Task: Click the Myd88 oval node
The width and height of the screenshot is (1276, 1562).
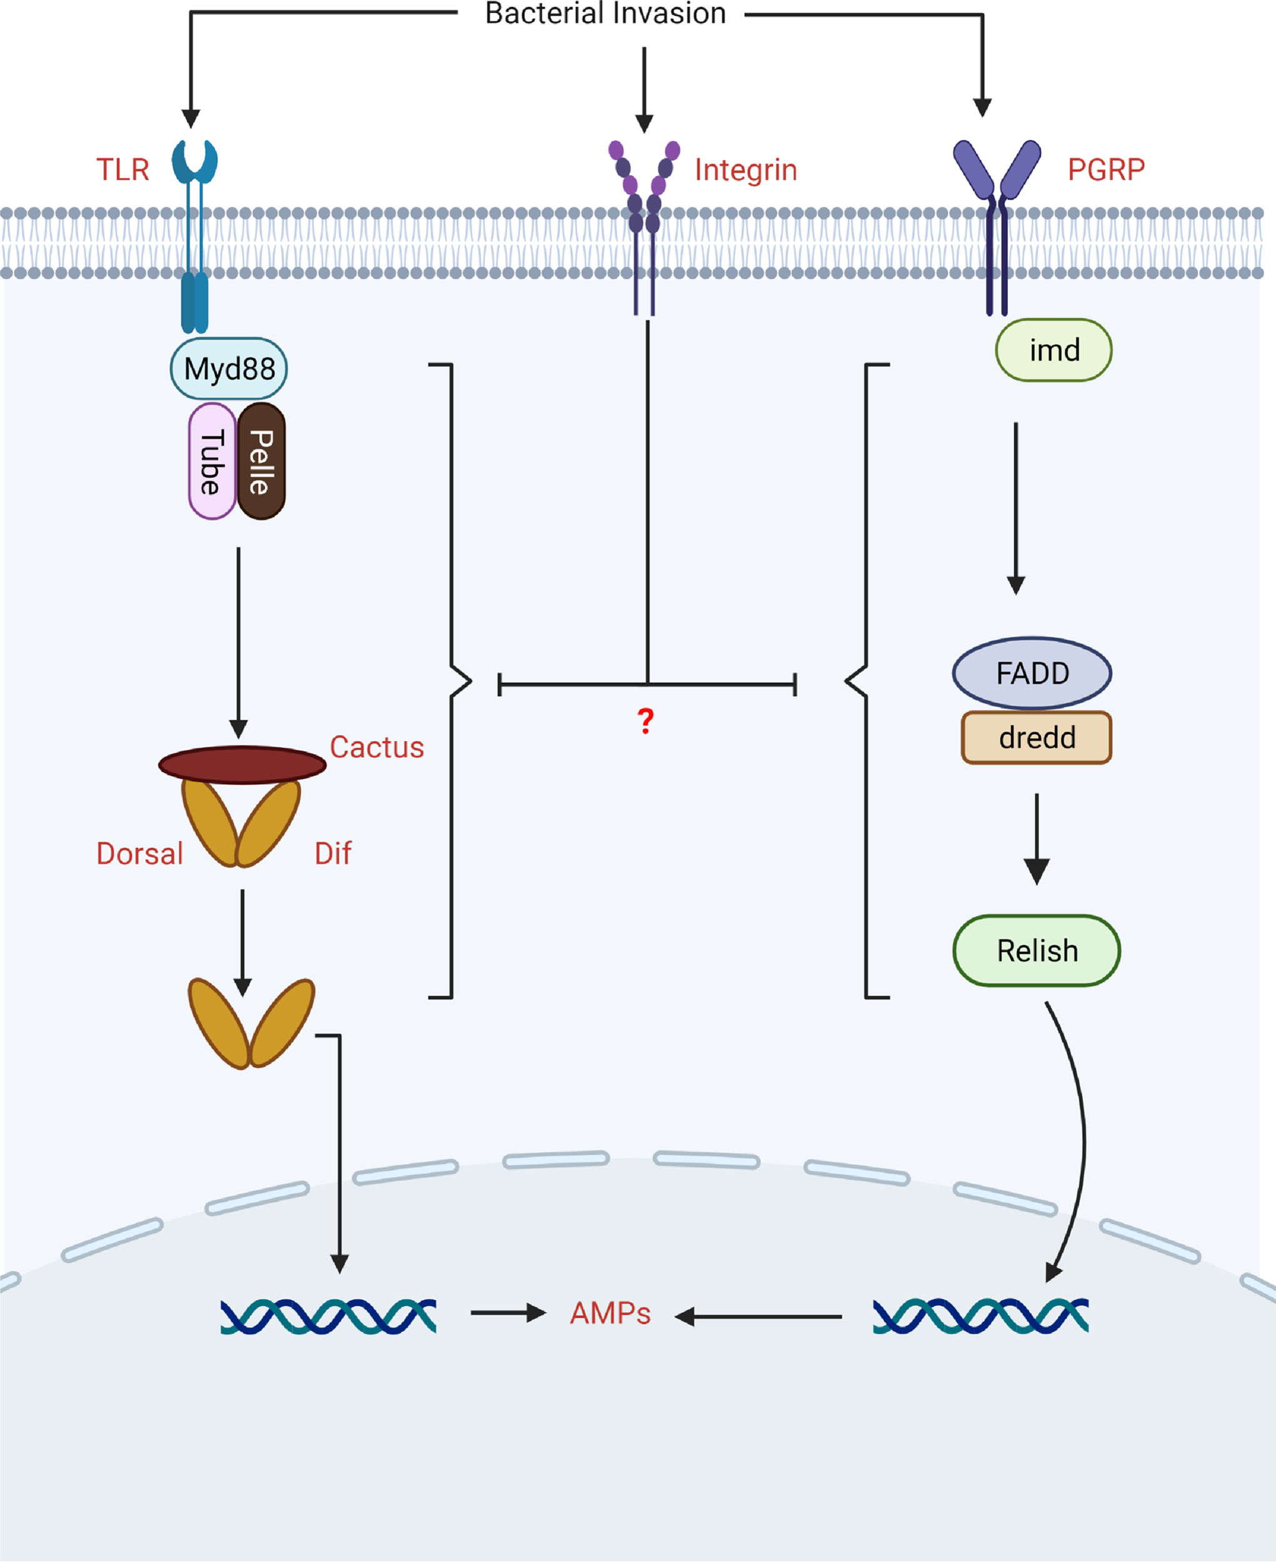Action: coord(229,368)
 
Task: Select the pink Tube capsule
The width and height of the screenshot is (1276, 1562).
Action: coord(212,461)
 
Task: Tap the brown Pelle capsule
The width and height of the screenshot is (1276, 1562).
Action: coord(262,461)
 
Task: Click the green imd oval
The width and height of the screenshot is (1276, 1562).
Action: coord(1054,350)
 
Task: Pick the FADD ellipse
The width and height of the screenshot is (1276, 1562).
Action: coord(1031,672)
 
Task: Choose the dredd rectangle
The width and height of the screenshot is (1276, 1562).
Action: coord(1037,737)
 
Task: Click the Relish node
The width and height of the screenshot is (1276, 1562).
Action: coord(1037,950)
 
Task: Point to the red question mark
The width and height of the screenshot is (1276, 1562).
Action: coord(645,721)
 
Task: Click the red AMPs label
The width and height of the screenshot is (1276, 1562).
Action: coord(610,1313)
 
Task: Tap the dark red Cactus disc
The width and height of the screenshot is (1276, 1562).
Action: coord(242,765)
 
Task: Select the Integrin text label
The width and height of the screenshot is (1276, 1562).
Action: coord(745,170)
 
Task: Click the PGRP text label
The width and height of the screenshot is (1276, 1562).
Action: coord(1105,170)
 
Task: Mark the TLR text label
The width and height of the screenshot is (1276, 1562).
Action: coord(122,170)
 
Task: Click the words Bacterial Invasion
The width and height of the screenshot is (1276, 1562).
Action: coord(605,13)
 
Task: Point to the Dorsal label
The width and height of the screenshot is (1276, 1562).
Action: coord(139,853)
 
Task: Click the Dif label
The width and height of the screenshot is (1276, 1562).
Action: coord(333,853)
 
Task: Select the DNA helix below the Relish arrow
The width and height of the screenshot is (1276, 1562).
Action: coord(980,1316)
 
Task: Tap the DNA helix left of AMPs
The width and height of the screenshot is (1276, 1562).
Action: coord(329,1316)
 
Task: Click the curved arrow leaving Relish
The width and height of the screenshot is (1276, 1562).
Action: coord(1082,1140)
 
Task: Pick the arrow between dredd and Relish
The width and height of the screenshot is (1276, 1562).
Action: coord(1037,838)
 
